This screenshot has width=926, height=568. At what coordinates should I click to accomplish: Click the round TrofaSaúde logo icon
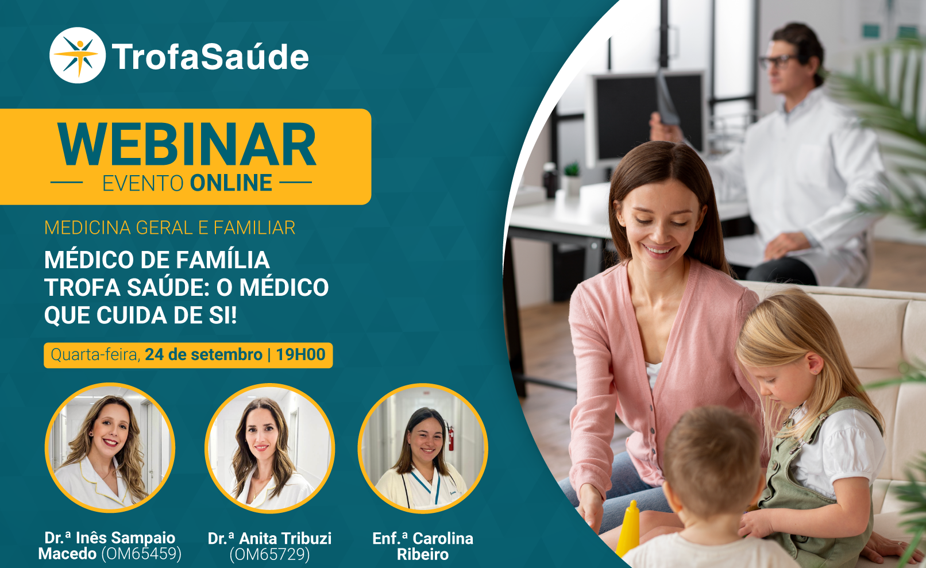tap(78, 55)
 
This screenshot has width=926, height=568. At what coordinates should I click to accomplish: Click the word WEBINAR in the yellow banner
tap(187, 145)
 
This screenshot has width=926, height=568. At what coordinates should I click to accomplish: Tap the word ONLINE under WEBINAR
tap(231, 183)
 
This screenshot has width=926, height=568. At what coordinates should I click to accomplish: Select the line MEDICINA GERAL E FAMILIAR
tap(169, 228)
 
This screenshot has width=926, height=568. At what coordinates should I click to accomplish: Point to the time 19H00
tap(300, 355)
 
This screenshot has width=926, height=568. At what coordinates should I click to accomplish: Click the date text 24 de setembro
tap(203, 355)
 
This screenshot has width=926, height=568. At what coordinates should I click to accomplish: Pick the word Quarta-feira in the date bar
tap(95, 355)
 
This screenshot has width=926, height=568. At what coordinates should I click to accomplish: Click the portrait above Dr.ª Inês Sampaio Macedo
tap(110, 448)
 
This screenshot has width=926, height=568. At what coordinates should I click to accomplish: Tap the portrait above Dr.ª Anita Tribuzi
tap(269, 449)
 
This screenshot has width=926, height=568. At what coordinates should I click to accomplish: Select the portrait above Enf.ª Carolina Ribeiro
tap(423, 449)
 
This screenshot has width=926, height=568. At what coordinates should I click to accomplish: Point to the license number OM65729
tap(269, 554)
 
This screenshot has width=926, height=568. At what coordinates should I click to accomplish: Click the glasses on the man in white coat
tap(777, 61)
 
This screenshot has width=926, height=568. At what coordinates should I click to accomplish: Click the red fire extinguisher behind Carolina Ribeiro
tap(450, 436)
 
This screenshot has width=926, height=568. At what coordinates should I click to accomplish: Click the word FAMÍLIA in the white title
tap(223, 260)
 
